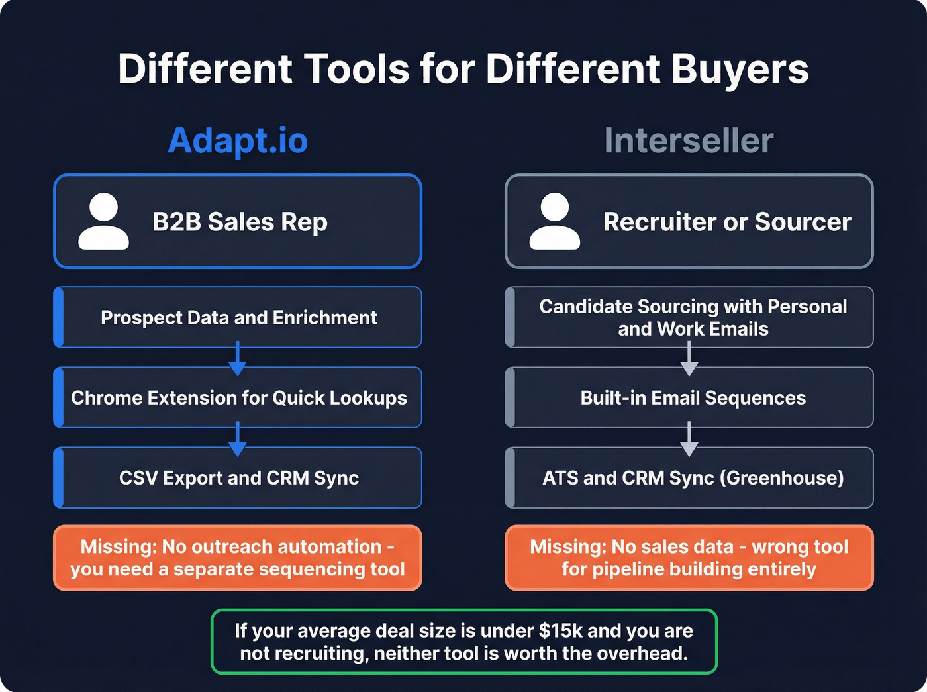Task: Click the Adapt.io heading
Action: coord(238,140)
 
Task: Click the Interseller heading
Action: coord(689,140)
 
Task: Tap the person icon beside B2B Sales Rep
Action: coord(103,221)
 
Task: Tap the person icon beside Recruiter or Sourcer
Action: coord(555,221)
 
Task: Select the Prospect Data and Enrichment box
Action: coord(238,317)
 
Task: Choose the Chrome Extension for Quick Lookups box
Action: coord(238,397)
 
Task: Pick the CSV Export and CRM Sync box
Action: coord(238,477)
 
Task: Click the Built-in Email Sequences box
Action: coord(693,397)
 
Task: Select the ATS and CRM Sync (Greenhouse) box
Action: coord(693,477)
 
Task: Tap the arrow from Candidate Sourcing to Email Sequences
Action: coord(689,360)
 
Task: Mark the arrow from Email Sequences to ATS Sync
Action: coord(689,439)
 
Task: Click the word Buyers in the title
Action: coord(740,69)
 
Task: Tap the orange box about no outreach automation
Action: coord(238,558)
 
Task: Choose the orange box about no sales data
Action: coord(689,558)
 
